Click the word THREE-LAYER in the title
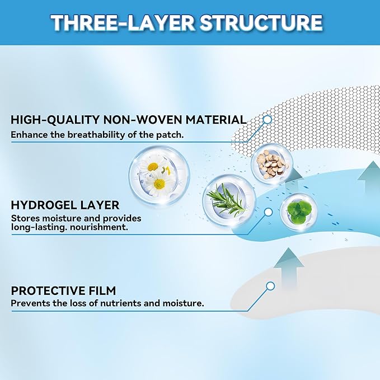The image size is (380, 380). coord(123,22)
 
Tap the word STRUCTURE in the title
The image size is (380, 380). coord(261,22)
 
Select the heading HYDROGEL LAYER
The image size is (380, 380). coord(65,205)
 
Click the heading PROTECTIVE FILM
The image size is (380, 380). coord(63,290)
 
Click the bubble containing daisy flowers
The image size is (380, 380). coord(159,176)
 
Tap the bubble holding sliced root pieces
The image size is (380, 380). coord(272,164)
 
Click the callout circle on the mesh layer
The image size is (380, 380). coord(267,119)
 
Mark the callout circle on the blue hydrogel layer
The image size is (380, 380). coord(268,212)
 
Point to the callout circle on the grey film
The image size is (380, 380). coord(270,286)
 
